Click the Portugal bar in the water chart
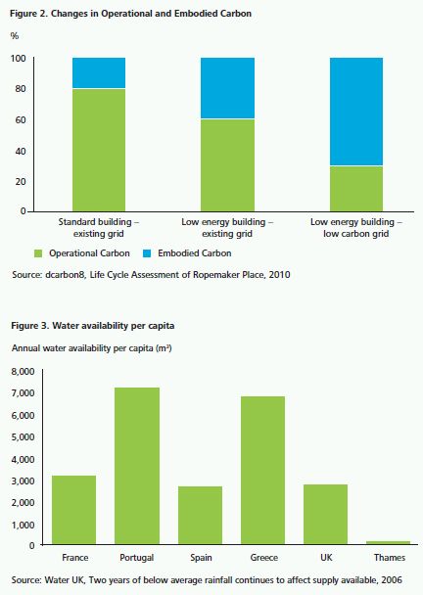tap(137, 466)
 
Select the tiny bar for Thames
tap(388, 542)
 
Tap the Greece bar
tap(262, 470)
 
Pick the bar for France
tap(74, 510)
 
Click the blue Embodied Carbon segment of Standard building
tap(99, 72)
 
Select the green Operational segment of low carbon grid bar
tap(356, 189)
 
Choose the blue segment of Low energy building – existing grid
tap(227, 88)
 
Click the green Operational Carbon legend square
tap(38, 253)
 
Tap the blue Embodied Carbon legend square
tap(147, 253)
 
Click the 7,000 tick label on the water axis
tap(23, 392)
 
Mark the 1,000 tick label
tap(23, 525)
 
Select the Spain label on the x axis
tap(201, 558)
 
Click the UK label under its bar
tap(326, 557)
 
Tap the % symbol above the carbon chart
tap(15, 35)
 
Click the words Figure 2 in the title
tap(28, 14)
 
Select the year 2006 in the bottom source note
tap(392, 579)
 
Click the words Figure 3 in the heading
tap(30, 326)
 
